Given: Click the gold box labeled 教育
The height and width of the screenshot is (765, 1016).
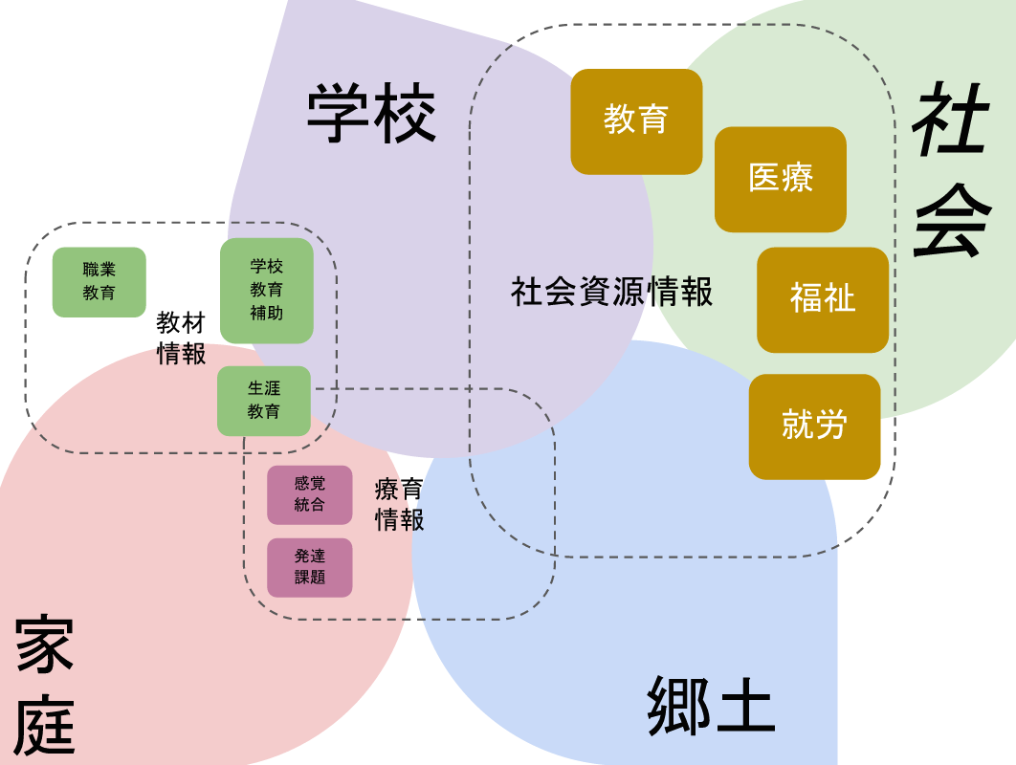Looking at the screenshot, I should click(636, 121).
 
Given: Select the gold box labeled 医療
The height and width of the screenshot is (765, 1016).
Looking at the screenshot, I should click(781, 179).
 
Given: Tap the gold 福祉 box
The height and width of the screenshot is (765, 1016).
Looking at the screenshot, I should click(823, 299).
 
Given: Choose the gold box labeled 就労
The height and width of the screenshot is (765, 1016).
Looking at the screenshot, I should click(814, 426).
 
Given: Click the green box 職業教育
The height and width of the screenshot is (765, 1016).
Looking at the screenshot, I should click(99, 282).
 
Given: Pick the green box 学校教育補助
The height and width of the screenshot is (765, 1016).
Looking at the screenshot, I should click(267, 291).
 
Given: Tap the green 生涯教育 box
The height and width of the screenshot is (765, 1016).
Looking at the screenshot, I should click(264, 401).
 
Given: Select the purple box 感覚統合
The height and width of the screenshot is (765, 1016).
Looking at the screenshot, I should click(310, 494).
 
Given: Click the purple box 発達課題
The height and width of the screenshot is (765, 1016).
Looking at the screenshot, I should click(310, 567).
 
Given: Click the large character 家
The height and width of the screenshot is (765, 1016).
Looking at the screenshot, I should click(45, 647).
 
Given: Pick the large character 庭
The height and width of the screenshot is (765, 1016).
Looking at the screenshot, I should click(45, 726).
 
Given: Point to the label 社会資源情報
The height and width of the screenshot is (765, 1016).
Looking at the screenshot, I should click(612, 292).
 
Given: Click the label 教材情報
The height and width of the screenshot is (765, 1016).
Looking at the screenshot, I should click(181, 339).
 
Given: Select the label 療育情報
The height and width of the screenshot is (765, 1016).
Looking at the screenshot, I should click(399, 505).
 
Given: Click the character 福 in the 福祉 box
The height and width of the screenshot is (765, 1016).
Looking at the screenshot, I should click(806, 299).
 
